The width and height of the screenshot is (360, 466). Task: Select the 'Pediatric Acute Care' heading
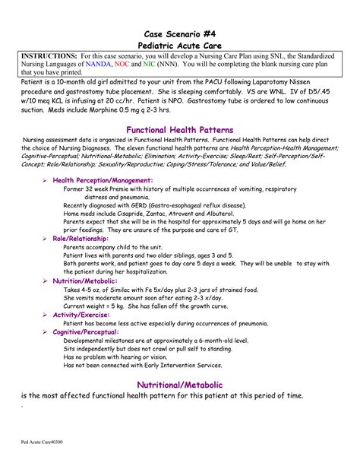179,46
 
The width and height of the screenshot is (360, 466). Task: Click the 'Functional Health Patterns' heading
179,129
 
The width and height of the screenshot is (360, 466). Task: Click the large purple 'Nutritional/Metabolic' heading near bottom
179,383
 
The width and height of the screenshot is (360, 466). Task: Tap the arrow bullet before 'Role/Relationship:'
45,239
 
